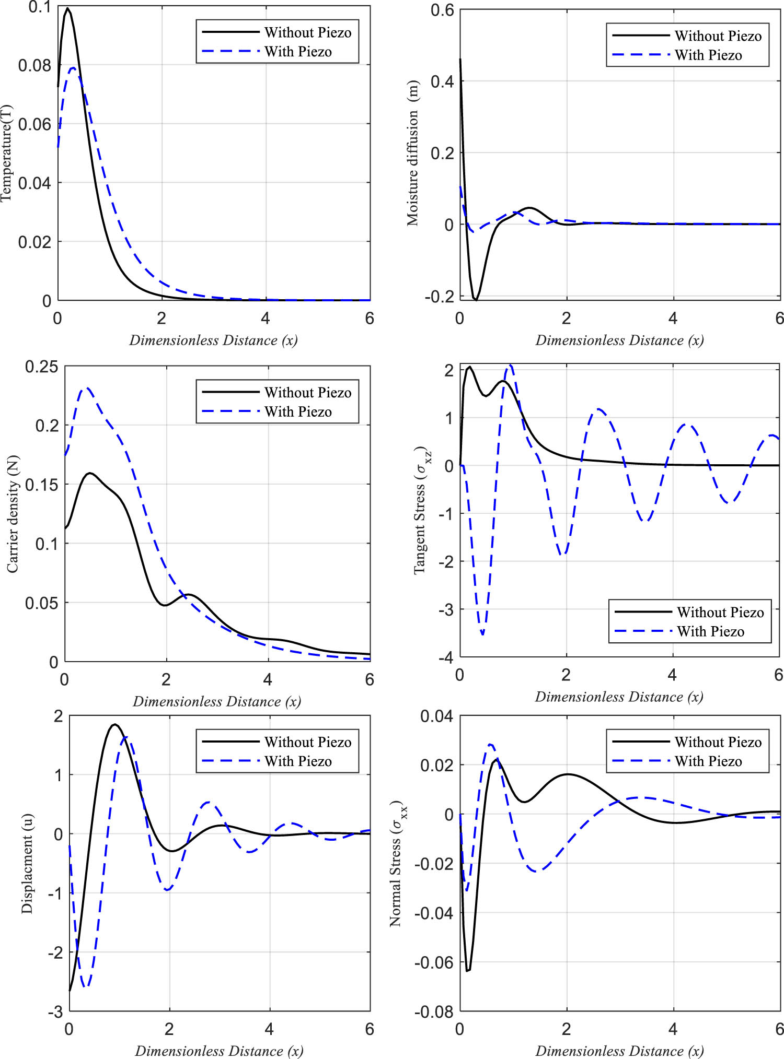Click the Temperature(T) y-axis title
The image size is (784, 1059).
[x=6, y=153]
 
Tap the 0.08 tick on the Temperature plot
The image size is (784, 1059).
[x=34, y=66]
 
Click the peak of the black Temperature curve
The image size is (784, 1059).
[x=67, y=8]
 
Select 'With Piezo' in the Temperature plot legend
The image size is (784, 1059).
[x=298, y=52]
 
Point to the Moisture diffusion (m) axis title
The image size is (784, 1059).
[x=413, y=153]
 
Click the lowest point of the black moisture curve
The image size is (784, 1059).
[x=476, y=300]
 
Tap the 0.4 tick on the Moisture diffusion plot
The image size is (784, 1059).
[x=442, y=81]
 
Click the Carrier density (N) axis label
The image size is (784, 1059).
[x=13, y=514]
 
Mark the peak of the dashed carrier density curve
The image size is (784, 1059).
[x=87, y=388]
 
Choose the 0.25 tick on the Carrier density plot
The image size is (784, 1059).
[x=41, y=367]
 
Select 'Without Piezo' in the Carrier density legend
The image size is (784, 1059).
[x=308, y=393]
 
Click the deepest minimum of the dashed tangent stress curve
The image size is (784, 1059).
[x=482, y=634]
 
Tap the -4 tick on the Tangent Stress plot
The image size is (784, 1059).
[x=446, y=657]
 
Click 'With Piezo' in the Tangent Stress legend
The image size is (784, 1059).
[x=710, y=632]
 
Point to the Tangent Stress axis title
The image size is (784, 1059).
[x=421, y=510]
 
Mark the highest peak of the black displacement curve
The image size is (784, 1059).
[x=115, y=724]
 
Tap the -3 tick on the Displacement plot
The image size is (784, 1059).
[x=55, y=1012]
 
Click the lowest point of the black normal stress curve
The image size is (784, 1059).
[x=468, y=971]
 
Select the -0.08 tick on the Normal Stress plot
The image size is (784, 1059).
[x=433, y=1012]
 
